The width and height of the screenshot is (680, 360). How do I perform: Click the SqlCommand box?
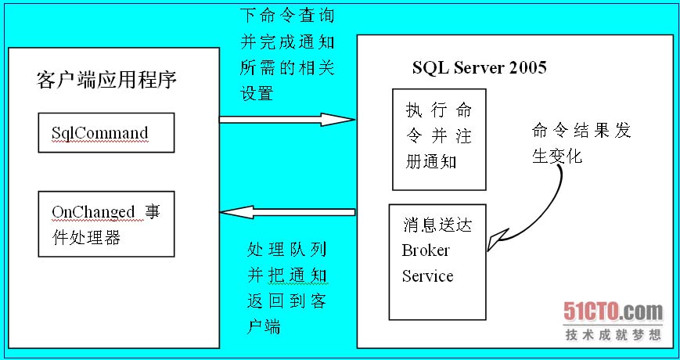point(106,133)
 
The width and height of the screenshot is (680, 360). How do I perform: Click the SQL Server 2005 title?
point(479,67)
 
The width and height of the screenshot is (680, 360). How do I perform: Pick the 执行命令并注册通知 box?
point(439,139)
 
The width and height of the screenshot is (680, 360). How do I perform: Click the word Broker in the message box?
point(426,250)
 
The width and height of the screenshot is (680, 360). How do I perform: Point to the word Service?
point(427,276)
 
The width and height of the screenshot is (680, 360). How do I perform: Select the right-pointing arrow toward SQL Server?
point(286,119)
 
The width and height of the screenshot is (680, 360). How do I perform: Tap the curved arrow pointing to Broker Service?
point(532,211)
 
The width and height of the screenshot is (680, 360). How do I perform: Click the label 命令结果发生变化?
point(579,142)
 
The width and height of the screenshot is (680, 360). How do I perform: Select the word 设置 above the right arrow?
point(257,93)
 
